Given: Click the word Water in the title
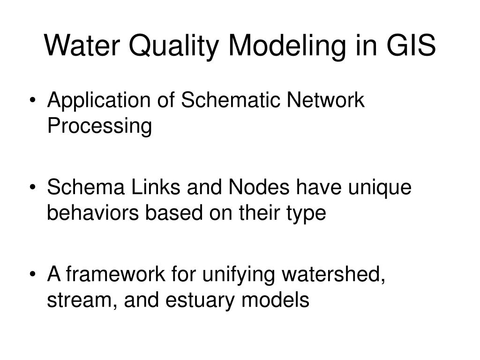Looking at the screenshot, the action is pos(82,45).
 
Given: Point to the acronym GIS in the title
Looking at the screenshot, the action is pos(411,45).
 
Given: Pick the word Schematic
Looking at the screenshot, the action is pos(231,100).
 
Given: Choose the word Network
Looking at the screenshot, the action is pos(325,100).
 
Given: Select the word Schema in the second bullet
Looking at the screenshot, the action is pos(86,187).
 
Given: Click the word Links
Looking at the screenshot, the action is pos(156,187).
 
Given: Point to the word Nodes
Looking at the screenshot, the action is pos(259,187).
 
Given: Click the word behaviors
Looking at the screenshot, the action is pos(93,213).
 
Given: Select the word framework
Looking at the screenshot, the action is pos(116,274).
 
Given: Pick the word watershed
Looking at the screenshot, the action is pos(333,274).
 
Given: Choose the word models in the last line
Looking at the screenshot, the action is pos(275,300).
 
